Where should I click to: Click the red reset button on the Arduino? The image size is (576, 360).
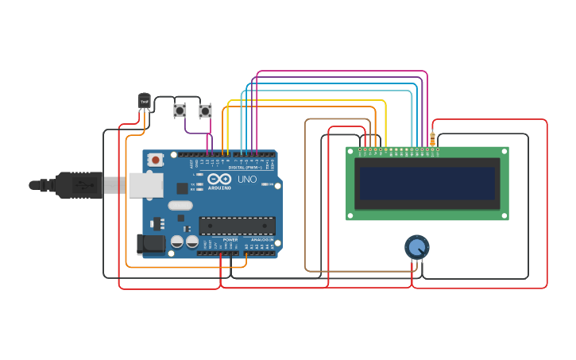(x=156, y=160)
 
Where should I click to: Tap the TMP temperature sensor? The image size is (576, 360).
(x=144, y=100)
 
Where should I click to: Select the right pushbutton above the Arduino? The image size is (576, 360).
(x=205, y=111)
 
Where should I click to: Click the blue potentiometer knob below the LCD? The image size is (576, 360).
(x=416, y=247)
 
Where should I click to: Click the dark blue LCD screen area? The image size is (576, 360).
(x=427, y=183)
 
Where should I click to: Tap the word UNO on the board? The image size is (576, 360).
(x=247, y=180)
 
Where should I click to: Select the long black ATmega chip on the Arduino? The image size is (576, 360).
(x=237, y=226)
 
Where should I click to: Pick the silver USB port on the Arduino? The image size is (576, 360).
(x=145, y=185)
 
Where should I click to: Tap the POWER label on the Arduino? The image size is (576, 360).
(x=230, y=239)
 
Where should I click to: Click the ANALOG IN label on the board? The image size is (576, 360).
(x=261, y=239)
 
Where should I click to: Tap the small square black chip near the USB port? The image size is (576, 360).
(x=182, y=188)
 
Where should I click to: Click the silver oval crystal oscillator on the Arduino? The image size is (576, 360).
(x=180, y=206)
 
